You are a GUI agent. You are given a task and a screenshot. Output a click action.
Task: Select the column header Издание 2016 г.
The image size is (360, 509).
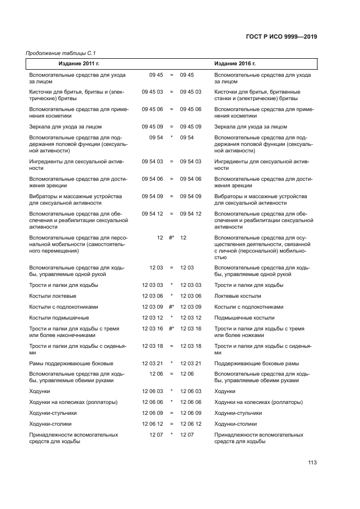235,64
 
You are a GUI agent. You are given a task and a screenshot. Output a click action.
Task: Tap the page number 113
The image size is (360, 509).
312,463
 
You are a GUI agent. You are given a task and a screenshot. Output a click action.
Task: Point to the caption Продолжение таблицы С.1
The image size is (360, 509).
57,53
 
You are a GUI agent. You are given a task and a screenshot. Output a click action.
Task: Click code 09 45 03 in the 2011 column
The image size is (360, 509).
152,92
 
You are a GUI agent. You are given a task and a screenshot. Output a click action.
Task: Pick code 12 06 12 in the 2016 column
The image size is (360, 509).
191,424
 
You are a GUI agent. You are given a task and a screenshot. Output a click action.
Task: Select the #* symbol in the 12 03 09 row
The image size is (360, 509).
172,306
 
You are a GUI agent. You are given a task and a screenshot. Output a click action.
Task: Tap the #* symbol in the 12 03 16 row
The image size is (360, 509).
172,328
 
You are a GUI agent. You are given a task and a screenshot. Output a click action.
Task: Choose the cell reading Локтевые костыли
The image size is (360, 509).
237,296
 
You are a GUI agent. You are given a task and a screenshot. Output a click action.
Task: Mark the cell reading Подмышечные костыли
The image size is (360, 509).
244,317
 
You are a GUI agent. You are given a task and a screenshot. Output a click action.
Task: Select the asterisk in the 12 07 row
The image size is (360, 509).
172,434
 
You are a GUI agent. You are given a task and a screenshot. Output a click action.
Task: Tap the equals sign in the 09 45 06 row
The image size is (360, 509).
172,109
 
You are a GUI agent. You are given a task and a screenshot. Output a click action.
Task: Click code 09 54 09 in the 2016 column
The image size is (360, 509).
191,196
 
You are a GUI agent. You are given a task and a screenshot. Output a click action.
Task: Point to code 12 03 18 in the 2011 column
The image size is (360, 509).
152,346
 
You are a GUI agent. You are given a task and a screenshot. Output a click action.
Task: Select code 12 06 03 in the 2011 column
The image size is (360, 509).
152,391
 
